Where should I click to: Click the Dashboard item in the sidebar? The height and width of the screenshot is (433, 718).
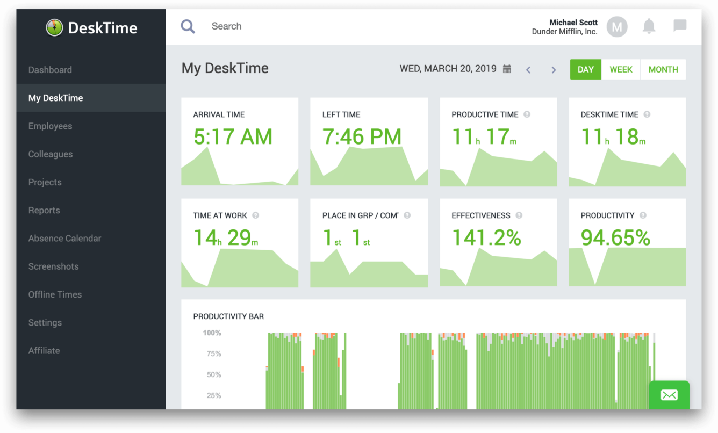pyautogui.click(x=50, y=70)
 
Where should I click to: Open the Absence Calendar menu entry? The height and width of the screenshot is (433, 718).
pyautogui.click(x=64, y=238)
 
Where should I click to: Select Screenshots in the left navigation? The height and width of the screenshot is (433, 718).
pyautogui.click(x=53, y=266)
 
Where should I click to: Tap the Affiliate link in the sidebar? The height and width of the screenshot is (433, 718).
pyautogui.click(x=44, y=350)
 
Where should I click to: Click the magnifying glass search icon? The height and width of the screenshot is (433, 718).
pyautogui.click(x=188, y=26)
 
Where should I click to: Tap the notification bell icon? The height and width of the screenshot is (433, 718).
pyautogui.click(x=649, y=26)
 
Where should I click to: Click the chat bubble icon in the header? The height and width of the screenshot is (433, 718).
pyautogui.click(x=680, y=26)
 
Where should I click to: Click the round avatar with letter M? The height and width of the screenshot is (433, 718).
pyautogui.click(x=617, y=26)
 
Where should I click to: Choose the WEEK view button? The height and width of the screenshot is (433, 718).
pyautogui.click(x=621, y=69)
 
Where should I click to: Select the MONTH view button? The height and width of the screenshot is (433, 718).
pyautogui.click(x=663, y=69)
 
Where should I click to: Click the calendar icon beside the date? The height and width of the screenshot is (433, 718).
pyautogui.click(x=507, y=69)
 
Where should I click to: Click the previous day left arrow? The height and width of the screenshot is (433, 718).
pyautogui.click(x=528, y=70)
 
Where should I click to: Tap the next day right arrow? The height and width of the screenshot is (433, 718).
pyautogui.click(x=554, y=70)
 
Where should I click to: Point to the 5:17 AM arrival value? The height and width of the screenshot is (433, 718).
pyautogui.click(x=233, y=137)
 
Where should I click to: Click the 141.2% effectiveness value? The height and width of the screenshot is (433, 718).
pyautogui.click(x=486, y=238)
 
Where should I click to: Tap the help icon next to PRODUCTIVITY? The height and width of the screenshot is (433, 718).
pyautogui.click(x=643, y=215)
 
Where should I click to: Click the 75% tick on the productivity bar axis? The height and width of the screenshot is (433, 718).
pyautogui.click(x=214, y=353)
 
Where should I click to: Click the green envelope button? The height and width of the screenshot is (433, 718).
pyautogui.click(x=669, y=395)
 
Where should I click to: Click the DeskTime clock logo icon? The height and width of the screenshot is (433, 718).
pyautogui.click(x=54, y=27)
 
